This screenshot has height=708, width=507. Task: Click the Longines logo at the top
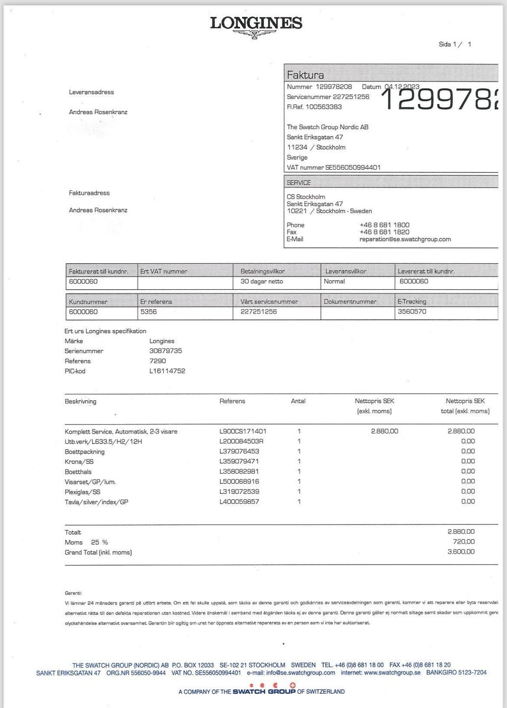coord(256,25)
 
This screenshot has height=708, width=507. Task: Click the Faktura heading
coord(305,75)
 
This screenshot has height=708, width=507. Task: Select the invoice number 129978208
coord(334,87)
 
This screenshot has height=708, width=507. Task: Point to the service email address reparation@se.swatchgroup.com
coord(405,239)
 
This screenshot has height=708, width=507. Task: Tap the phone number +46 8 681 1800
coord(384,225)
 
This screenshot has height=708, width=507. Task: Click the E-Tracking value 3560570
coord(412,311)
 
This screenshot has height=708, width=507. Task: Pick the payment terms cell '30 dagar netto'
coord(262,281)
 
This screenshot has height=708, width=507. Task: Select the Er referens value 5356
coord(148,311)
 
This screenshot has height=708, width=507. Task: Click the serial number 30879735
coord(166,351)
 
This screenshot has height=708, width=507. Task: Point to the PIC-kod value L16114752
coord(167,371)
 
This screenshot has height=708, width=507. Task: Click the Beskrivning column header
coord(80,401)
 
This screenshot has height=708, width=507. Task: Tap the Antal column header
coord(298,401)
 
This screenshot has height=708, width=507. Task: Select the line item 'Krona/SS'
coord(79,462)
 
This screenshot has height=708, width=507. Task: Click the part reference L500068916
coord(239,482)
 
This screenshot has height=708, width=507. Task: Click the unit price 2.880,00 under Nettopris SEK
coord(384,431)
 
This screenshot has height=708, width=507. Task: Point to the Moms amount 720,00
coord(464,541)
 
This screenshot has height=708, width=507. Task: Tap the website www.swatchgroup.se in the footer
coord(392,673)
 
